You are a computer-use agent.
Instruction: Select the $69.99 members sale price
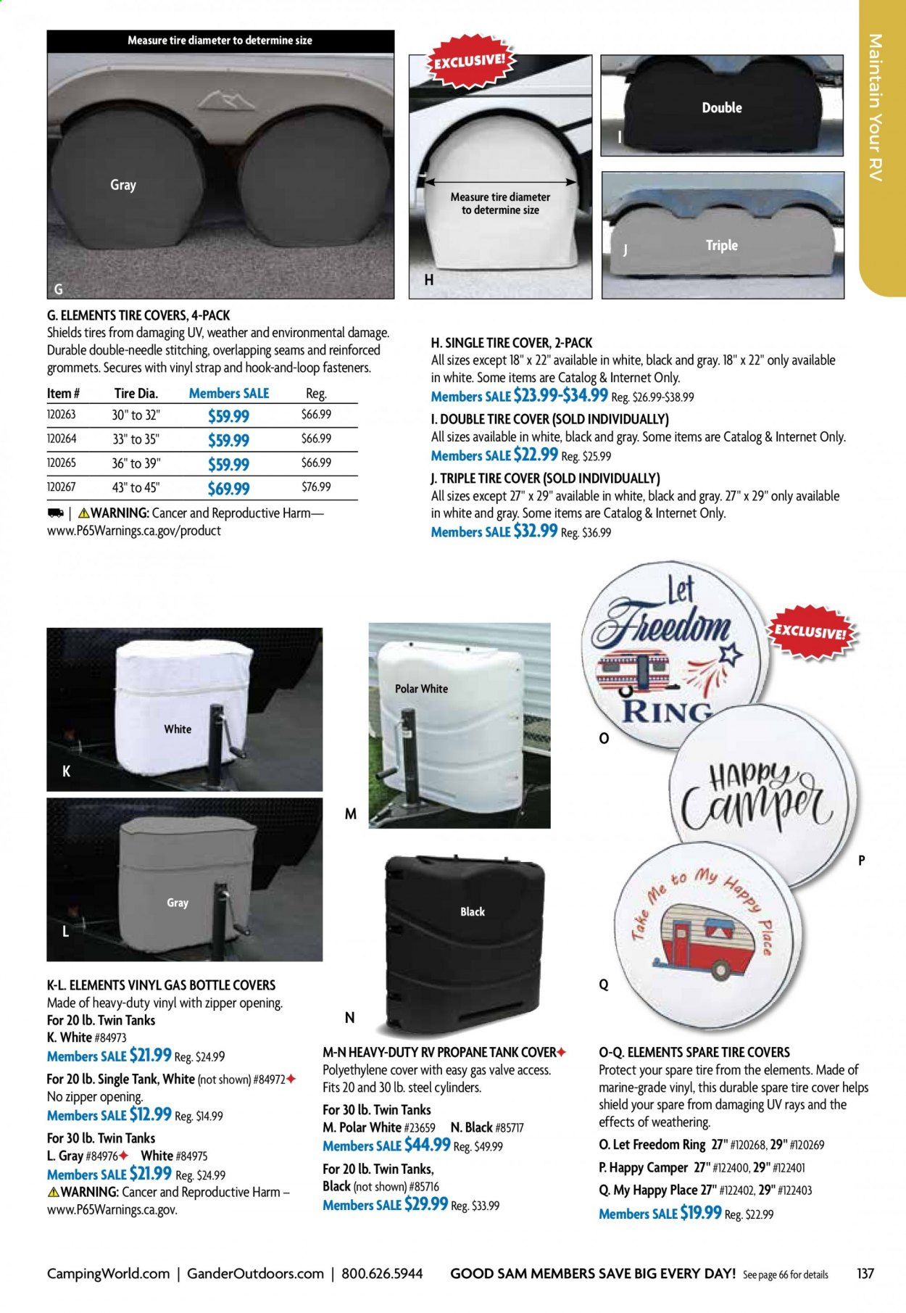coord(228,489)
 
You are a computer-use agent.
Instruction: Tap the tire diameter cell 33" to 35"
coord(136,439)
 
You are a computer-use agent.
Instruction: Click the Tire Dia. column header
coord(136,394)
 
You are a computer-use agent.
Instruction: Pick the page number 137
coord(865,1273)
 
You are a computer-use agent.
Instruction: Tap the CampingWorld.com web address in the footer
coord(108,1273)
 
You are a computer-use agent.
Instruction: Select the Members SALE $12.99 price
coord(109,1115)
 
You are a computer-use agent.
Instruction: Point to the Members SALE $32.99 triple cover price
coord(494,531)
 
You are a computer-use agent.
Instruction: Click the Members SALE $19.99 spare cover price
coord(660,1213)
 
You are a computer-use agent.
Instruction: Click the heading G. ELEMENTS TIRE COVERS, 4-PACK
coord(138,315)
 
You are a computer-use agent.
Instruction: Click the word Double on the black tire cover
coord(722,108)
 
